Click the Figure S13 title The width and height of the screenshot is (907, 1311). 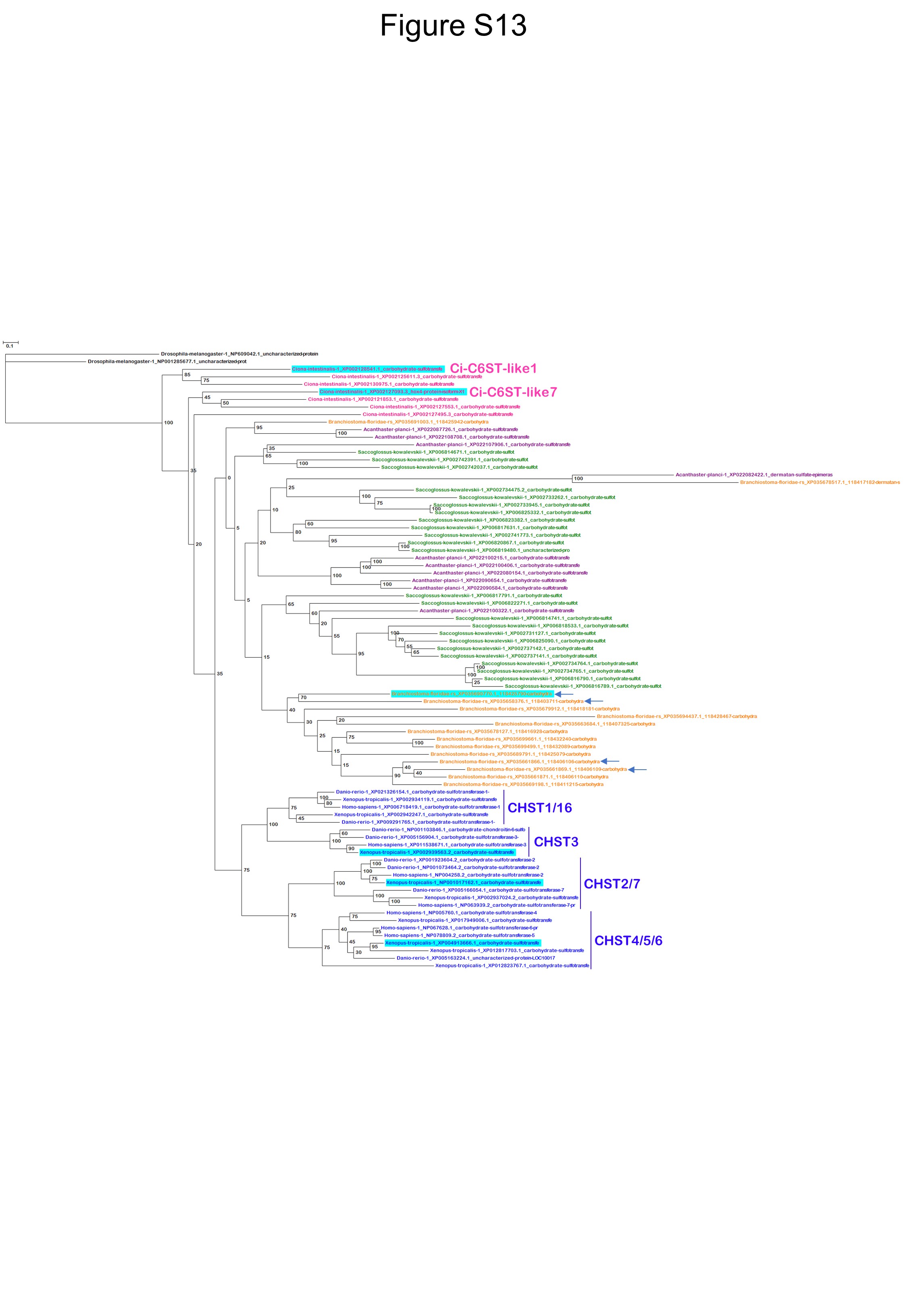point(453,25)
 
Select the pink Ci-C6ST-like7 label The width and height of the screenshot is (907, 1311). point(513,392)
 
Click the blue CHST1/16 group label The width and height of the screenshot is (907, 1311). point(539,808)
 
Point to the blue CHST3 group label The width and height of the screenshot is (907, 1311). point(556,842)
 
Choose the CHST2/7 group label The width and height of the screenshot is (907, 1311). point(612,884)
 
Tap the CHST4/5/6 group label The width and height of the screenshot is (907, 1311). point(628,941)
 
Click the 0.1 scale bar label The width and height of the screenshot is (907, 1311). point(10,346)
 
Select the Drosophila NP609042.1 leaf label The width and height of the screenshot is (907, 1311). point(239,354)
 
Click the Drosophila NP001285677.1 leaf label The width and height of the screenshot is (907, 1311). point(167,361)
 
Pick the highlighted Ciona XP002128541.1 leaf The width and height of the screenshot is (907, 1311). point(367,369)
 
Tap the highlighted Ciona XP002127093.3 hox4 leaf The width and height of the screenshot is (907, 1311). point(392,392)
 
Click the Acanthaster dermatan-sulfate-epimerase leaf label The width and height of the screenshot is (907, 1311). point(753,475)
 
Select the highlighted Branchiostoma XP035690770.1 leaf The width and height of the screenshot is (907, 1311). point(472,693)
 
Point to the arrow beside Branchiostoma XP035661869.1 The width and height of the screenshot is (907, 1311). point(638,770)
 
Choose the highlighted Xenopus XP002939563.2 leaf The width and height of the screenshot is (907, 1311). point(437,852)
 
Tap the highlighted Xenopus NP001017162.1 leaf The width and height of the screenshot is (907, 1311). point(464,882)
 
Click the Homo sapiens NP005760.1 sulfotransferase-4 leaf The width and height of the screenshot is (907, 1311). point(462,912)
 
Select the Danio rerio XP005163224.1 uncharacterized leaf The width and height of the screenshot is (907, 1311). point(476,958)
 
